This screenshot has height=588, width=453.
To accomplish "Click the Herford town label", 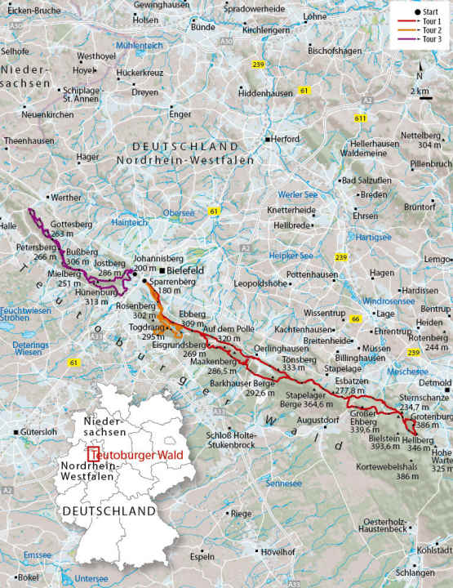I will point(286,140).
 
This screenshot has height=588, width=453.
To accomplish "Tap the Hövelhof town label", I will point(277,552).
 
